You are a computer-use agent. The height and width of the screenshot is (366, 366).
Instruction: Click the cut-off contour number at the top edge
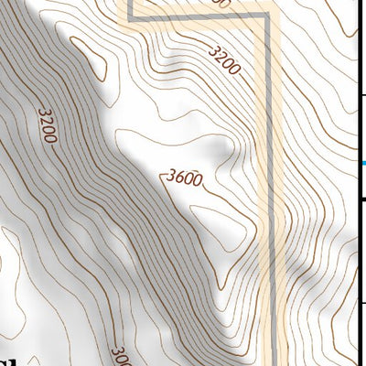tap(220, 4)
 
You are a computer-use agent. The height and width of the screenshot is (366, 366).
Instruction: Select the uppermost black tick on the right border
tap(363, 94)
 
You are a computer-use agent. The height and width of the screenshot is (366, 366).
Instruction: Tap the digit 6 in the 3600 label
tap(179, 178)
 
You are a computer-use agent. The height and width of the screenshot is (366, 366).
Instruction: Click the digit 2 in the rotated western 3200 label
tap(46, 122)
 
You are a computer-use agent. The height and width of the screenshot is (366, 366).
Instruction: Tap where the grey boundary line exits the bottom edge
tap(272, 363)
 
